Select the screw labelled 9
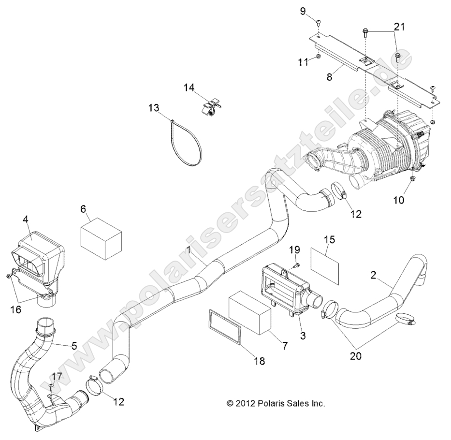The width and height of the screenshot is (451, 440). point(320,22)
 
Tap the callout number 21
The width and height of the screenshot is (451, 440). point(399,27)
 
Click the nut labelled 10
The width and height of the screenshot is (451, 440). point(412,180)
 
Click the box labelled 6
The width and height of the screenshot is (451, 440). point(101,239)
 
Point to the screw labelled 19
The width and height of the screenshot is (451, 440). point(297,264)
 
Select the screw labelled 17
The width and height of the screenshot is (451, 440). point(51,385)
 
